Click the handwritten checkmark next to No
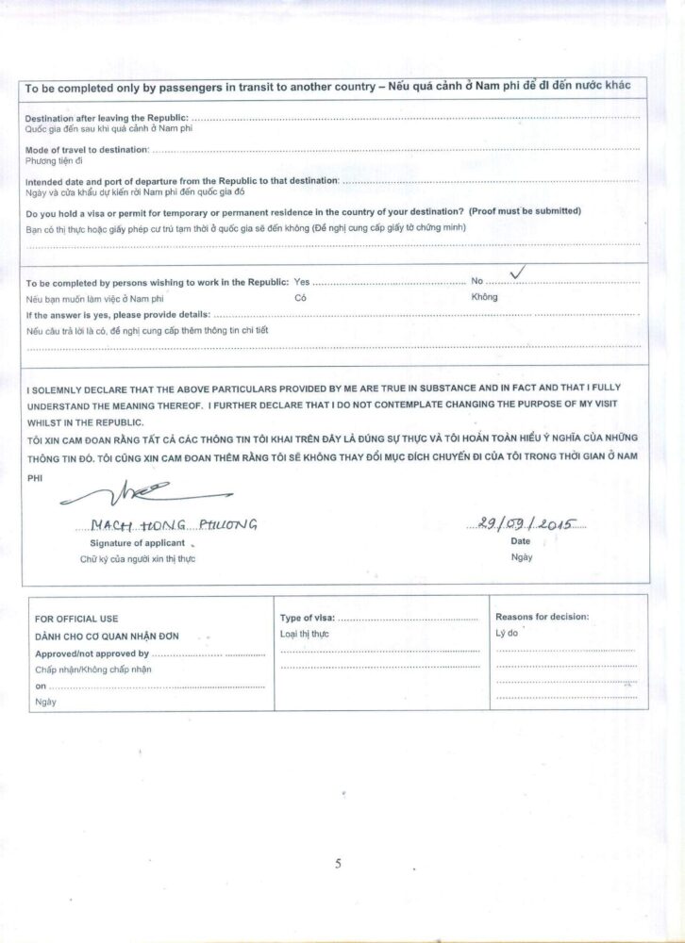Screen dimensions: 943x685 click(517, 273)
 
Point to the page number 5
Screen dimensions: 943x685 click(338, 862)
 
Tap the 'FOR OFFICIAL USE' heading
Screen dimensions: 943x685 click(76, 619)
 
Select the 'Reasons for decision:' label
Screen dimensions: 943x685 click(542, 617)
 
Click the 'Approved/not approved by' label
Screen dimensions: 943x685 click(92, 653)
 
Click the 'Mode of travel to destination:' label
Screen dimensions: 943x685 click(87, 149)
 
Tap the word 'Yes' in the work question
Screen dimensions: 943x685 click(302, 282)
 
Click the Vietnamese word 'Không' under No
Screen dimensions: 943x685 click(484, 297)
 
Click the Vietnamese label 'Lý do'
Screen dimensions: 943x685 click(508, 634)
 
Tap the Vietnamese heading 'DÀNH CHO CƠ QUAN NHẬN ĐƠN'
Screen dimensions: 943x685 click(106, 637)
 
